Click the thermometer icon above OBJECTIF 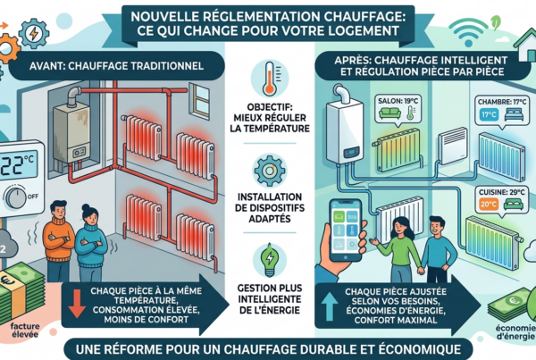(x=270, y=79)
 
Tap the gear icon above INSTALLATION (x=270, y=171)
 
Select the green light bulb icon (x=270, y=260)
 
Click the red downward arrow (x=77, y=304)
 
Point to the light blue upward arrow (x=330, y=306)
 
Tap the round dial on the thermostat (x=15, y=197)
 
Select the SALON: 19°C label (x=398, y=101)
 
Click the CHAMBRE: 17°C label (x=499, y=102)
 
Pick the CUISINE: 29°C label (x=501, y=192)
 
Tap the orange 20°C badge (x=489, y=205)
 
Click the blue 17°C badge (x=489, y=114)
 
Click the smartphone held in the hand (x=345, y=230)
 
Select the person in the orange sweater (x=58, y=240)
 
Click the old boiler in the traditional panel (x=71, y=134)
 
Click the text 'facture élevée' (x=25, y=330)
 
